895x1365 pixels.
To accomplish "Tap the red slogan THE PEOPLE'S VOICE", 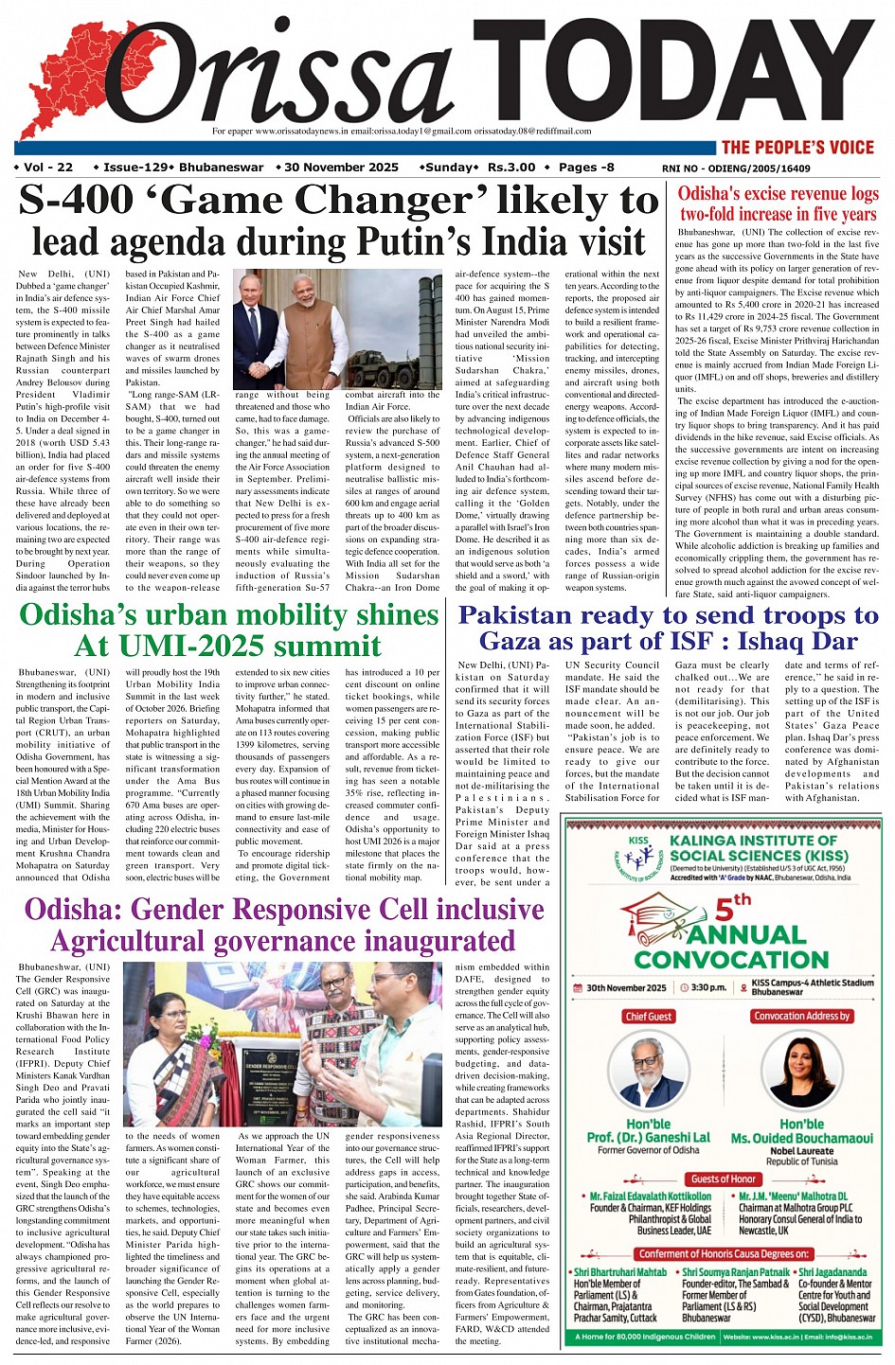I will coord(797,147).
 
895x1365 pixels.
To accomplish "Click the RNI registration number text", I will coord(736,168).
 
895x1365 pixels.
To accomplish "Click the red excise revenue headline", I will coord(778,204).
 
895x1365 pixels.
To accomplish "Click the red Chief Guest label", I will coord(649,1017).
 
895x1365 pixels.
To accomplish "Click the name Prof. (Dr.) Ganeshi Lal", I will coord(649,1137).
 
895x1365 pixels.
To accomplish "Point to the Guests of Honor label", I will coord(724,1179).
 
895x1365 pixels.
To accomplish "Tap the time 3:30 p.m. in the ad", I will coord(707,987).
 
